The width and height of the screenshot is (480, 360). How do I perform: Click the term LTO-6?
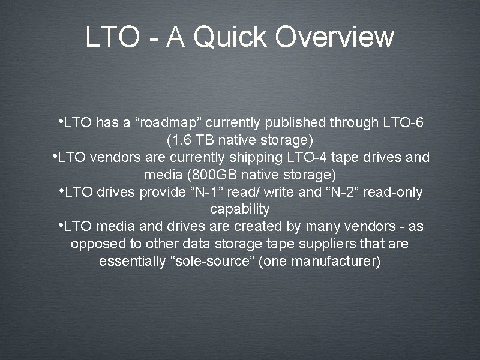(402, 124)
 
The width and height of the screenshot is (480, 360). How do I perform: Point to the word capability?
(239, 210)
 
